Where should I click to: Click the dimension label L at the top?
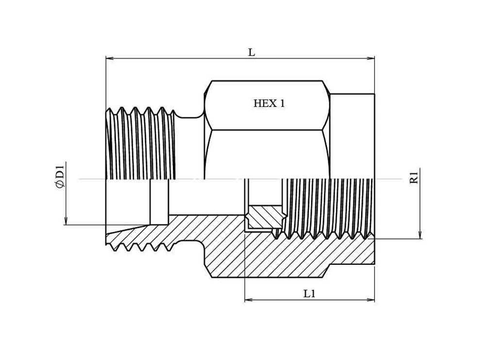pyautogui.click(x=251, y=52)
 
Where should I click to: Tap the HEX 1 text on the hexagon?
pyautogui.click(x=269, y=103)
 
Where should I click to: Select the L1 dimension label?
pyautogui.click(x=309, y=294)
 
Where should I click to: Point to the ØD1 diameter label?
pyautogui.click(x=60, y=176)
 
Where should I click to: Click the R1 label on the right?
pyautogui.click(x=414, y=177)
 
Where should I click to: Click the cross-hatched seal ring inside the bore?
pyautogui.click(x=265, y=217)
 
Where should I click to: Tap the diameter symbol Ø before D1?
pyautogui.click(x=60, y=184)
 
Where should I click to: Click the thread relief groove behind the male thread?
pyautogui.click(x=189, y=116)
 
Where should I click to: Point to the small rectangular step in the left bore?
pyautogui.click(x=159, y=202)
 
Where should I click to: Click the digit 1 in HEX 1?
pyautogui.click(x=282, y=103)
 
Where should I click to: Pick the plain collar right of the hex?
pyautogui.click(x=352, y=136)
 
